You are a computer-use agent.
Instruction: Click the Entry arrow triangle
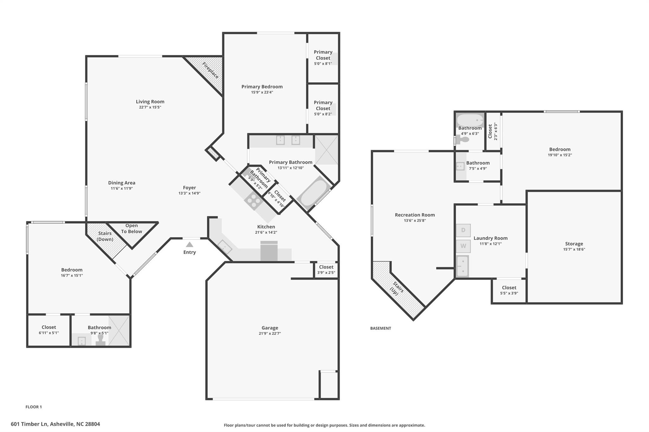[x=190, y=244]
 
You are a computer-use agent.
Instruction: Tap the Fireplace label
[x=210, y=70]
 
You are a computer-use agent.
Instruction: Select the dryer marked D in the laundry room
[x=463, y=230]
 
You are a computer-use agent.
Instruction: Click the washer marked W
[x=463, y=246]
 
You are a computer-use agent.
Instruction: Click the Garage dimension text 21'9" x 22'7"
[x=270, y=333]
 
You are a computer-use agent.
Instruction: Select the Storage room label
[x=574, y=244]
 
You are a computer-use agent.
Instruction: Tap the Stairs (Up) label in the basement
[x=396, y=288]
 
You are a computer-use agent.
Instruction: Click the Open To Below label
[x=132, y=229]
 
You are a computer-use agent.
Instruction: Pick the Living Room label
[x=150, y=102]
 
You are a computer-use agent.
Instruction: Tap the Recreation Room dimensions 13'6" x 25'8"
[x=415, y=220]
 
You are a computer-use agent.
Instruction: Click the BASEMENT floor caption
[x=381, y=328]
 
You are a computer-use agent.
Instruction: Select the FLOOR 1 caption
[x=34, y=407]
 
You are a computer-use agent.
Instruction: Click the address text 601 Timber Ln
[x=29, y=424]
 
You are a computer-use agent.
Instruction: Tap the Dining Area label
[x=122, y=183]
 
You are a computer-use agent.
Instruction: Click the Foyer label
[x=190, y=188]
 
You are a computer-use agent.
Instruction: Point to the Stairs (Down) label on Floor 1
[x=105, y=236]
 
